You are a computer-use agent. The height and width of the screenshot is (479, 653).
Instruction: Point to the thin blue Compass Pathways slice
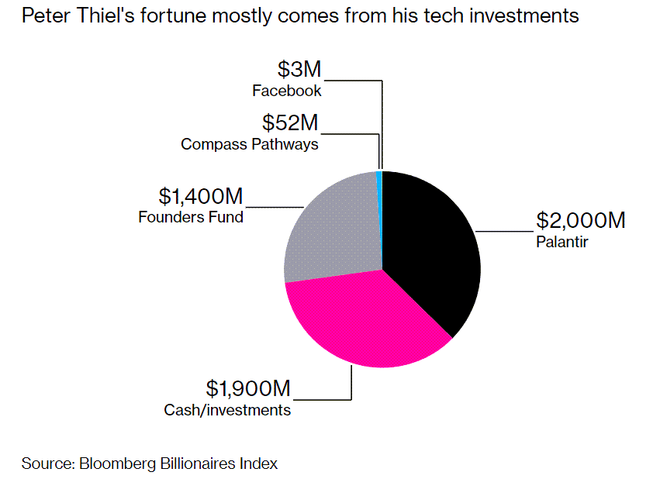click(379, 180)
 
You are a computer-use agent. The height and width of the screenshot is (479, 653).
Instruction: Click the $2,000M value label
click(580, 220)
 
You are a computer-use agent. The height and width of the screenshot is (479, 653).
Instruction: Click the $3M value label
click(299, 70)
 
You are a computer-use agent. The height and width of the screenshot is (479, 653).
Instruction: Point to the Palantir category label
click(562, 242)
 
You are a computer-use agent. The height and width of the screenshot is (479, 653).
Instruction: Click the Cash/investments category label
click(227, 410)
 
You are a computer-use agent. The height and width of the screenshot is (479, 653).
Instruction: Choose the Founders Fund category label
click(191, 217)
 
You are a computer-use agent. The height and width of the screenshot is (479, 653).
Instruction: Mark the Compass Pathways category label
click(250, 144)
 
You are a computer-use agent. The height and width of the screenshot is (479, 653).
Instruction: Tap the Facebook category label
click(287, 91)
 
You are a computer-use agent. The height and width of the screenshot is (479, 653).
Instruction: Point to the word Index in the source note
click(259, 464)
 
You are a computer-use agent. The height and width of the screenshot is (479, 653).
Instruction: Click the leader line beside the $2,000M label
click(504, 231)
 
